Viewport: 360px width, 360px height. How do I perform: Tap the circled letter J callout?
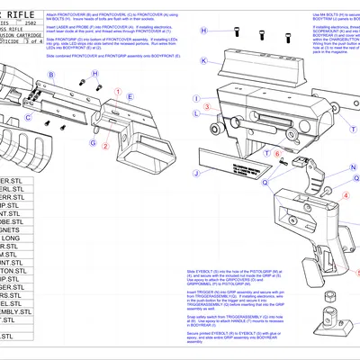tap(195, 172)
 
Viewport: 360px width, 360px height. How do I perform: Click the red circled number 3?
tap(208, 106)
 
